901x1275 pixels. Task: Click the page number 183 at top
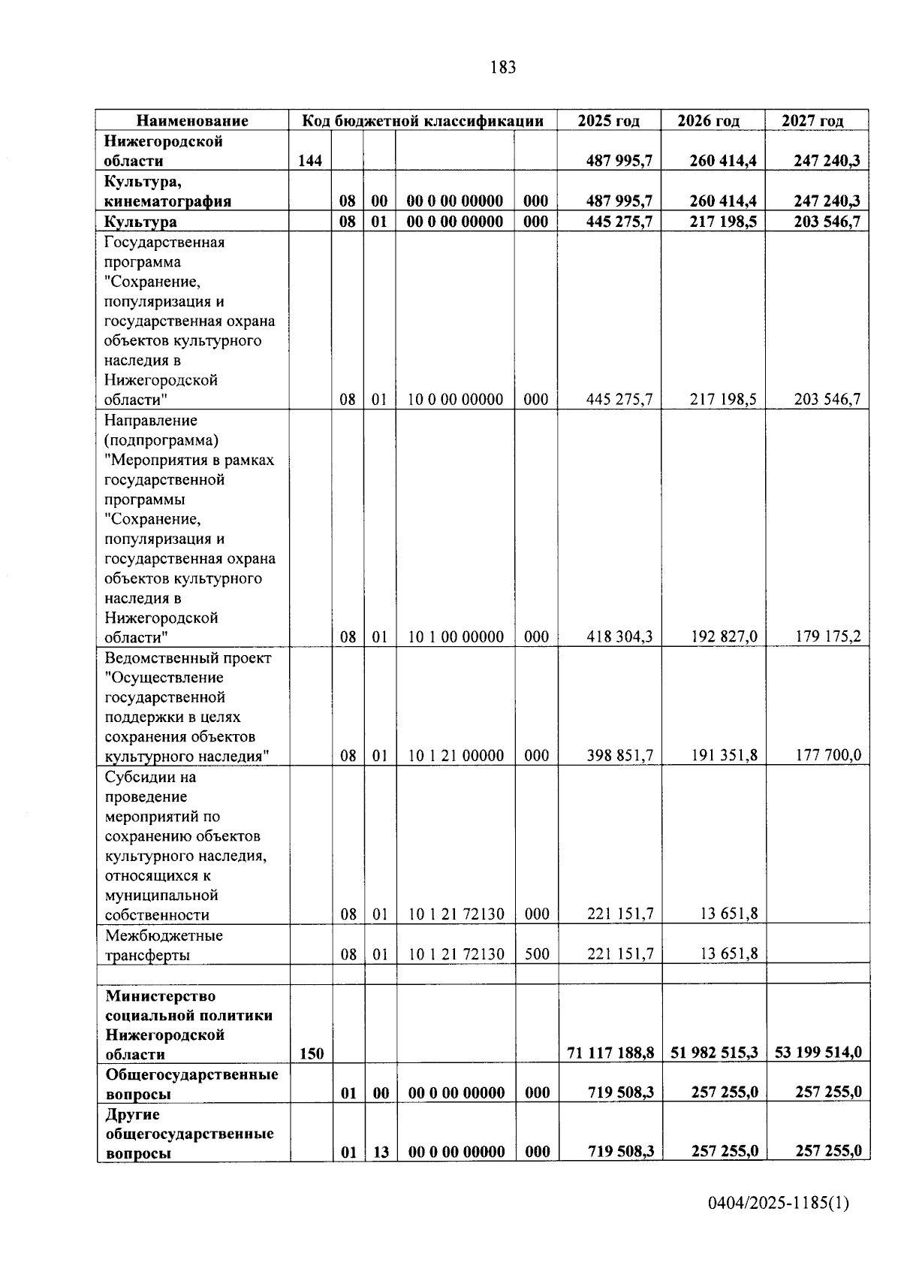coord(502,68)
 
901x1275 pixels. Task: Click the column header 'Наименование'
coord(192,121)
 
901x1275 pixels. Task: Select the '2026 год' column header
coord(708,121)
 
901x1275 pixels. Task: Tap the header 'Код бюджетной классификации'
coord(423,121)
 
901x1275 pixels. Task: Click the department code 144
coord(310,161)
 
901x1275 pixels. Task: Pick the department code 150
coord(312,1053)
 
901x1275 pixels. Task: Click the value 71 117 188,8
coord(610,1053)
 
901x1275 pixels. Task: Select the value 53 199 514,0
coord(818,1053)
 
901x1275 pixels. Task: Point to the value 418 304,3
coord(619,637)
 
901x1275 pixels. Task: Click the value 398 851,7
coord(619,756)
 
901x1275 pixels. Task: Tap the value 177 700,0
coord(828,756)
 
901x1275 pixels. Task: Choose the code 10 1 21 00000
coord(456,756)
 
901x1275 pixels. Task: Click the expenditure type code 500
coord(537,954)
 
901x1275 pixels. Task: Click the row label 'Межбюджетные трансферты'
coord(164,945)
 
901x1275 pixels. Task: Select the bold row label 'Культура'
coord(141,222)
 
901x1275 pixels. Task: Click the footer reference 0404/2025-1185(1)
coord(779,1203)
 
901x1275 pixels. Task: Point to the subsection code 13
coord(381,1152)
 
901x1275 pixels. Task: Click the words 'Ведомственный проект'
coord(188,658)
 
